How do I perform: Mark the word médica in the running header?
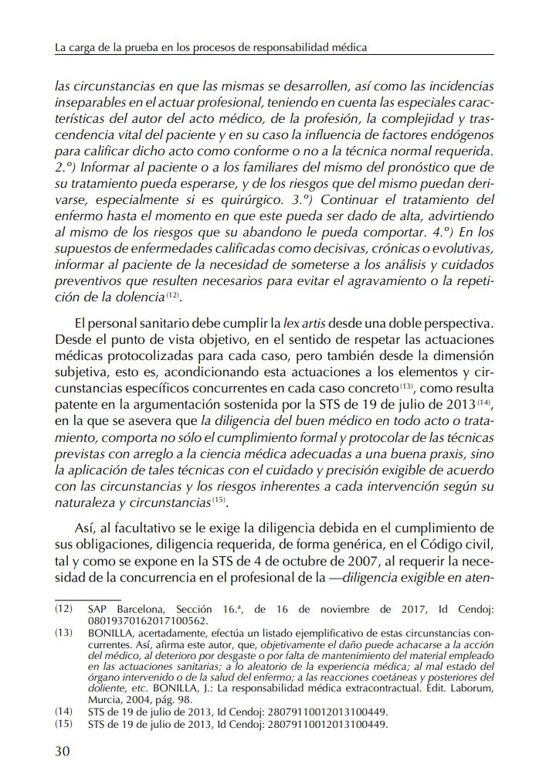(347, 47)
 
